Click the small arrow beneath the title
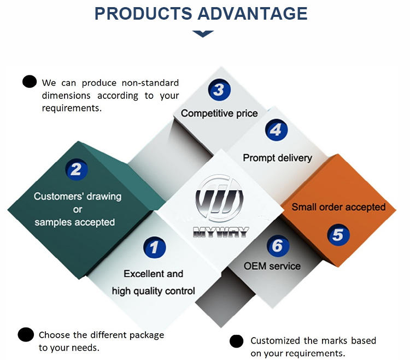coord(203,34)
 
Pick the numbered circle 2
coord(76,169)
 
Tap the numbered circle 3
coord(219,90)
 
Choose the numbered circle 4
coord(277,130)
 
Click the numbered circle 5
coord(338,235)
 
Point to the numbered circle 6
coord(278,246)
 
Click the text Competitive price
coord(219,114)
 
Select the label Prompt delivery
coord(277,158)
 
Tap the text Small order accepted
coord(338,207)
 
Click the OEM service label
coord(272,267)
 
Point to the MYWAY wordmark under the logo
coord(220,232)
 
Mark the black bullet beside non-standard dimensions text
coord(30,82)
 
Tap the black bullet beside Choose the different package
coord(26,335)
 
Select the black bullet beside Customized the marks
coord(236,341)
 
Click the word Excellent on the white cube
coord(137,274)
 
